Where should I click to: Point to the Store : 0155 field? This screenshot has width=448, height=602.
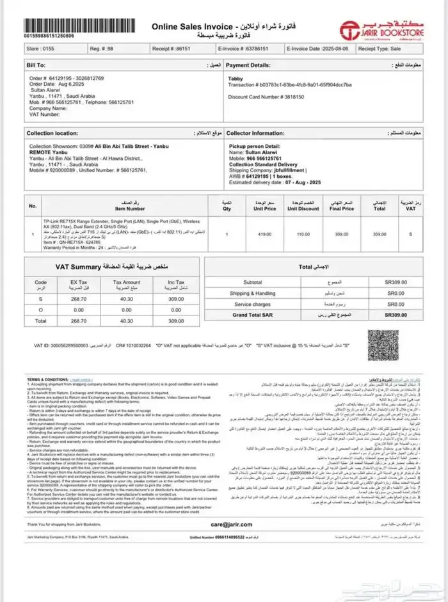pos(41,48)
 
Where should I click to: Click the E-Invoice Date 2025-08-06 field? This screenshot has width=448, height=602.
pos(318,48)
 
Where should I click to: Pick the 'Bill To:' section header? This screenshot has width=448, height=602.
pos(36,65)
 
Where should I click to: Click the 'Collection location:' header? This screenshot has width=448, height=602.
pos(52,133)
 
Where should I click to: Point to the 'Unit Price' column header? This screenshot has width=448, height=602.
pos(264,207)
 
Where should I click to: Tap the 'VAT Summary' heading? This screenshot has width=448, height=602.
pos(78,265)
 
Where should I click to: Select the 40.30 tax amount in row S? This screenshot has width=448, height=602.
pos(127,298)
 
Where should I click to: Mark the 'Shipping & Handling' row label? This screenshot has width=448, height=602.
pos(252,293)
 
